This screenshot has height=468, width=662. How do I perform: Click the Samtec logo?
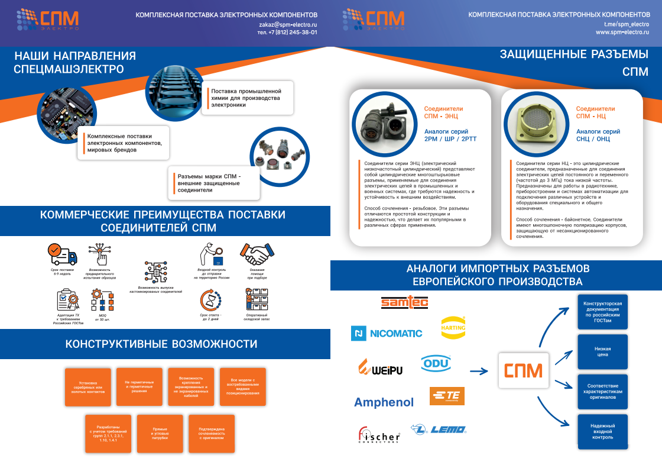pyautogui.click(x=404, y=302)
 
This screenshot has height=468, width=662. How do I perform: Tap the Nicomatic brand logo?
pyautogui.click(x=387, y=334)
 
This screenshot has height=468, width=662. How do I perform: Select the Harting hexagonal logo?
pyautogui.click(x=453, y=327)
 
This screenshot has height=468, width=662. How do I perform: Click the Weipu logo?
pyautogui.click(x=381, y=369)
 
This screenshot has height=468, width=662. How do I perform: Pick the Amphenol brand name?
pyautogui.click(x=384, y=402)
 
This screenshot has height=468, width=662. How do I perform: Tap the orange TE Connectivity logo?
pyautogui.click(x=447, y=396)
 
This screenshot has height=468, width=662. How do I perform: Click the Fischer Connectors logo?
pyautogui.click(x=379, y=435)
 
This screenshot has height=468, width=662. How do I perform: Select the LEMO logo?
pyautogui.click(x=439, y=429)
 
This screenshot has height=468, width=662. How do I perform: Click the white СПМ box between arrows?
pyautogui.click(x=524, y=371)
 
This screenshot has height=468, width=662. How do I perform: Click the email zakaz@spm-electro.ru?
pyautogui.click(x=288, y=24)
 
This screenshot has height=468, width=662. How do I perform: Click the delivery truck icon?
pyautogui.click(x=63, y=254)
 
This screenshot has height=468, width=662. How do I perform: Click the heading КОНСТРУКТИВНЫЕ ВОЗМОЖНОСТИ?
pyautogui.click(x=161, y=344)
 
